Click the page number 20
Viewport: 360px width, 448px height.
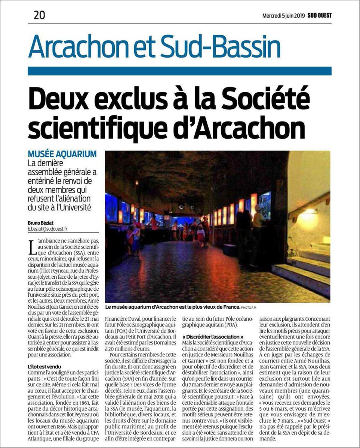[39, 15]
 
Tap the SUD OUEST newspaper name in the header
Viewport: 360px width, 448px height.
[320, 16]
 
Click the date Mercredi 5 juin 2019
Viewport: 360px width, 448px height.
[283, 16]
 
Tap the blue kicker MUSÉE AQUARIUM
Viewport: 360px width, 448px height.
[62, 154]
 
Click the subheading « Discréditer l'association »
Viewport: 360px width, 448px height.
[212, 337]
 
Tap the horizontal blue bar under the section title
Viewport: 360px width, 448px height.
[179, 71]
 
